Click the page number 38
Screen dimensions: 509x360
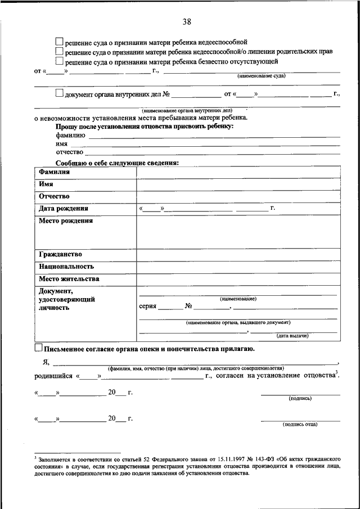point(187,22)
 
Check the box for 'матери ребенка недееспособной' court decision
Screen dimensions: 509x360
point(60,42)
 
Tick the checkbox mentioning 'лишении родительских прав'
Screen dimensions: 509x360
point(60,51)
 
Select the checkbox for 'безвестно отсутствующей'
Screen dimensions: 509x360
point(60,61)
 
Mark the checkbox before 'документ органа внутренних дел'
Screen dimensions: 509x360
point(60,94)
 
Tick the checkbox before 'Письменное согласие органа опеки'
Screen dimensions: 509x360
point(38,349)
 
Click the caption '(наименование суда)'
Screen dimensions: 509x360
point(261,75)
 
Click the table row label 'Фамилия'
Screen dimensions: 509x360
point(54,172)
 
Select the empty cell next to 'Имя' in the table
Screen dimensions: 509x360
point(238,184)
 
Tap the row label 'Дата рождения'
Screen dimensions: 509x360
point(64,209)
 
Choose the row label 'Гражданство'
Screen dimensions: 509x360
point(61,254)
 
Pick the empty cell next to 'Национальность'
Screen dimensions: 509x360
point(238,267)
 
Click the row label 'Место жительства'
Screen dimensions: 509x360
point(69,279)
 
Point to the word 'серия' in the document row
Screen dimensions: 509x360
point(147,307)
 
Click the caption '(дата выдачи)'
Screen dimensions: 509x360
point(291,336)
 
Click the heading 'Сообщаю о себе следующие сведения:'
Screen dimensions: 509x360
point(117,163)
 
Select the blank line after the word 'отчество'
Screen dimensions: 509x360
point(213,152)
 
